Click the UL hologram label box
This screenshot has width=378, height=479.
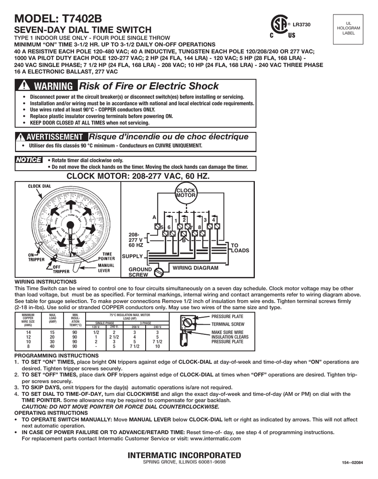[351, 29]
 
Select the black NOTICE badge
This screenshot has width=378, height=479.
[29, 160]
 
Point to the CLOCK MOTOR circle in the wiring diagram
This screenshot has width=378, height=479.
[185, 193]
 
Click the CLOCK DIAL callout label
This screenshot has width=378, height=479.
[39, 186]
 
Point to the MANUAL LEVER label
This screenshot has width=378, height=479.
[106, 268]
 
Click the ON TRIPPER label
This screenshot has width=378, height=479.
[36, 257]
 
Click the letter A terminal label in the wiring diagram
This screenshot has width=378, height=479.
[154, 218]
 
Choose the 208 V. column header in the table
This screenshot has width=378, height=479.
[136, 327]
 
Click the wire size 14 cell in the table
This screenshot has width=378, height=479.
[28, 332]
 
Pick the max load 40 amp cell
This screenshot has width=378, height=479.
[52, 347]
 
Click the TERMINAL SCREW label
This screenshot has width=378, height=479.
[228, 324]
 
